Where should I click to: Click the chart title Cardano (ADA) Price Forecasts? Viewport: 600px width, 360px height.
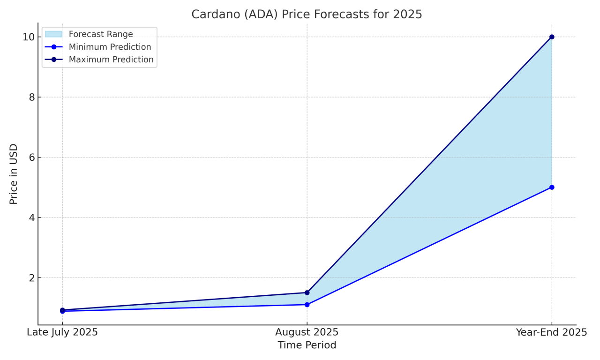(307, 15)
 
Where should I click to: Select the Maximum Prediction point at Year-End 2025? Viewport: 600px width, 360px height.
(552, 37)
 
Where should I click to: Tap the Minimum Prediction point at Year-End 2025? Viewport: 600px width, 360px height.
(552, 187)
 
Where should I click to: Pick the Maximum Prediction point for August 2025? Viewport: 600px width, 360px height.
(307, 292)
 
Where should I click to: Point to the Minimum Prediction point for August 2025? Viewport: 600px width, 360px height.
(307, 305)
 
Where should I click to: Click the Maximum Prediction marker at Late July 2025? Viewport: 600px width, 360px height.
(62, 310)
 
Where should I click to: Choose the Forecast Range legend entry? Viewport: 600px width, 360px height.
(100, 34)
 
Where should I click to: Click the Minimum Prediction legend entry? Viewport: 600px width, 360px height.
(110, 47)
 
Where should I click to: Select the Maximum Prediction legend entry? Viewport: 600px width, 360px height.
(111, 60)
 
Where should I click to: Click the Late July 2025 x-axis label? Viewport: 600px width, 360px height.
(62, 332)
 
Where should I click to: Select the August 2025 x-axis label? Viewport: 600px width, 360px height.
(307, 332)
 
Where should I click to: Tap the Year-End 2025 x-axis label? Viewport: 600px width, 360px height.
(552, 332)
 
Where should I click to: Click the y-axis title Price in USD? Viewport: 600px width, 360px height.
(14, 174)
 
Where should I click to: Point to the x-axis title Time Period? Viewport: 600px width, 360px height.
(307, 345)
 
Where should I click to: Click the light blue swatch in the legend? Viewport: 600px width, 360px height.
(53, 34)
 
